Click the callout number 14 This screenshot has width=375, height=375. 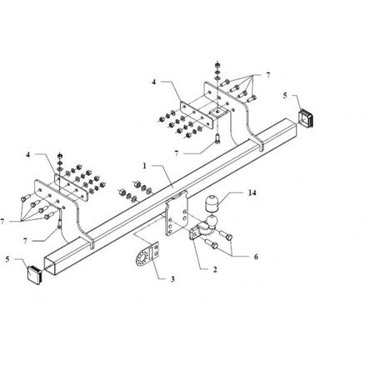pyautogui.click(x=252, y=192)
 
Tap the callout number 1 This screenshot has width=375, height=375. pyautogui.click(x=144, y=166)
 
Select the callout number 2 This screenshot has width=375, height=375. pyautogui.click(x=215, y=269)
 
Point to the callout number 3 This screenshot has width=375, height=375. pyautogui.click(x=172, y=278)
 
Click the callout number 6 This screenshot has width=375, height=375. pyautogui.click(x=256, y=257)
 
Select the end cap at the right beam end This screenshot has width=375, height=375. pyautogui.click(x=306, y=118)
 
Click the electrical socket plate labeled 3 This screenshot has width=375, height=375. pyautogui.click(x=147, y=254)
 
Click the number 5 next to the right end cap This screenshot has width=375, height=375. pyautogui.click(x=285, y=95)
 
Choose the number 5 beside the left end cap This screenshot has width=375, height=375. pyautogui.click(x=7, y=259)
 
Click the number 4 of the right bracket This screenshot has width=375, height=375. pyautogui.click(x=153, y=82)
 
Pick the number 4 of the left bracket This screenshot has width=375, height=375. pyautogui.click(x=27, y=154)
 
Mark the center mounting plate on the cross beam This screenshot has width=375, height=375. pyautogui.click(x=177, y=214)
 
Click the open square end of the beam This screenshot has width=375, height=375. pyautogui.click(x=50, y=264)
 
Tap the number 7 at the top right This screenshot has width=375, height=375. pyautogui.click(x=267, y=75)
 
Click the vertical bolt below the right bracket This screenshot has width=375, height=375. pyautogui.click(x=217, y=138)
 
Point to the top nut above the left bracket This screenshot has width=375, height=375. pyautogui.click(x=60, y=155)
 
